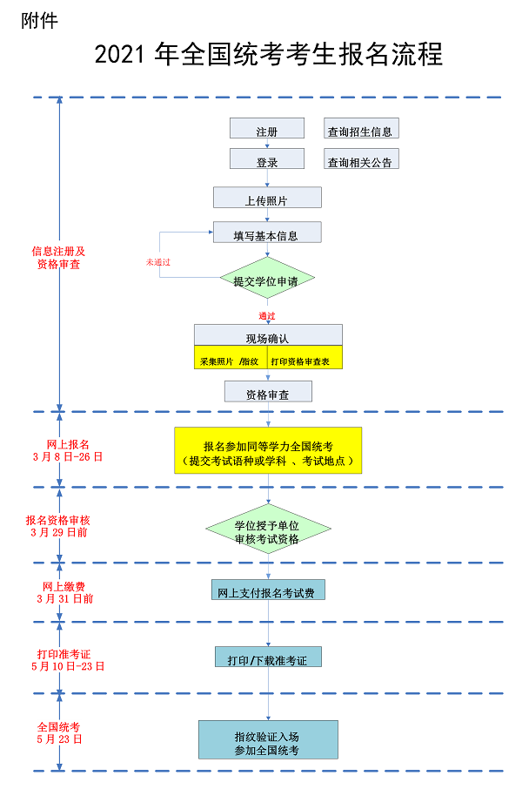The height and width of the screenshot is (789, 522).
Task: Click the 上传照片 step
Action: click(x=267, y=199)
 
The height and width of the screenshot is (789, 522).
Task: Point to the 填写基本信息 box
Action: click(x=267, y=233)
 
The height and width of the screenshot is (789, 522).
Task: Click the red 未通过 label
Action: click(x=158, y=261)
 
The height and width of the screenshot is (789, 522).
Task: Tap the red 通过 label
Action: click(x=267, y=314)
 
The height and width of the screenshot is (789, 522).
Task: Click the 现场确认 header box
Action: click(x=268, y=336)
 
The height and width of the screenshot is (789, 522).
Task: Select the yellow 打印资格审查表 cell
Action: click(x=304, y=358)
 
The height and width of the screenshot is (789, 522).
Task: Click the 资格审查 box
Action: click(x=268, y=393)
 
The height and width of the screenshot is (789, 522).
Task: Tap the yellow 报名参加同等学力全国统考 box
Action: click(x=268, y=450)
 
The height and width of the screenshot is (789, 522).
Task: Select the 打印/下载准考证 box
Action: click(x=268, y=658)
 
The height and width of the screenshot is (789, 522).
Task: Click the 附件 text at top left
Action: click(x=40, y=20)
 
